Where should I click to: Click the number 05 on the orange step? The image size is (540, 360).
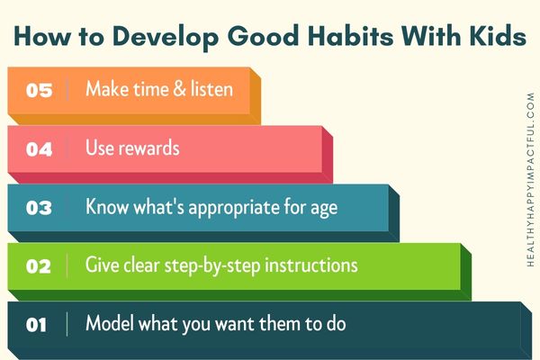pyautogui.click(x=39, y=90)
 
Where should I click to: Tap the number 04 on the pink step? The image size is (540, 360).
pyautogui.click(x=39, y=149)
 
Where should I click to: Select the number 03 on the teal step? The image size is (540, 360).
pyautogui.click(x=39, y=208)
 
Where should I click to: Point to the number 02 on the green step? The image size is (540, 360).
pyautogui.click(x=39, y=266)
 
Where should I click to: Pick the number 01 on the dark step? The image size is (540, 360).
pyautogui.click(x=36, y=325)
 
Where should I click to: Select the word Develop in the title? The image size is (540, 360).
pyautogui.click(x=166, y=37)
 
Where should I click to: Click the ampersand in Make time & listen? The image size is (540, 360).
pyautogui.click(x=179, y=89)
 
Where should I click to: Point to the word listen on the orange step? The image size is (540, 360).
pyautogui.click(x=211, y=88)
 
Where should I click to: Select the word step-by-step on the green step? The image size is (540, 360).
pyautogui.click(x=212, y=266)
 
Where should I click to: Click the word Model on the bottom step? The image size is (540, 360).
pyautogui.click(x=110, y=323)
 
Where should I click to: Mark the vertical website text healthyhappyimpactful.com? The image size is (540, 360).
pyautogui.click(x=531, y=179)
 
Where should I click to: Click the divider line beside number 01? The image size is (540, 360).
pyautogui.click(x=67, y=324)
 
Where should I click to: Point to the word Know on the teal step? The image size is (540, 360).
pyautogui.click(x=107, y=206)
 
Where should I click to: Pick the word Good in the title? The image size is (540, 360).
pyautogui.click(x=263, y=35)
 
